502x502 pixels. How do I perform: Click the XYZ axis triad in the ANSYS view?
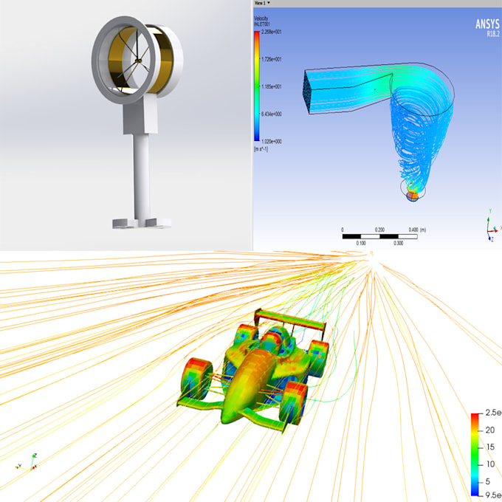pos(489,229)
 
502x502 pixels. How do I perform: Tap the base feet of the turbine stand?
pos(141,221)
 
